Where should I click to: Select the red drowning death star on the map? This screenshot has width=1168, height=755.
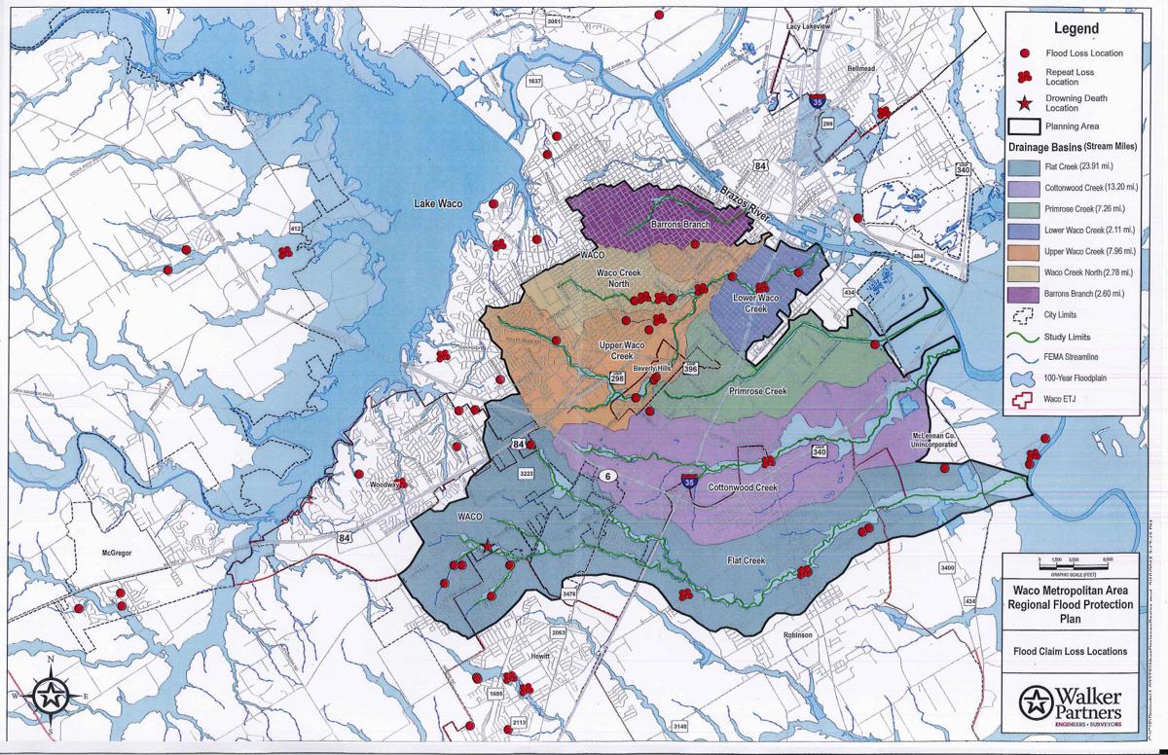[488, 547]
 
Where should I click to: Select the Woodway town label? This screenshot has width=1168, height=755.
[386, 484]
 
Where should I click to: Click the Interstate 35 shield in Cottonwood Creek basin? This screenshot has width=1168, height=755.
[689, 481]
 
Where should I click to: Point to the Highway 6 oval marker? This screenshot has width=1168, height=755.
[607, 476]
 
